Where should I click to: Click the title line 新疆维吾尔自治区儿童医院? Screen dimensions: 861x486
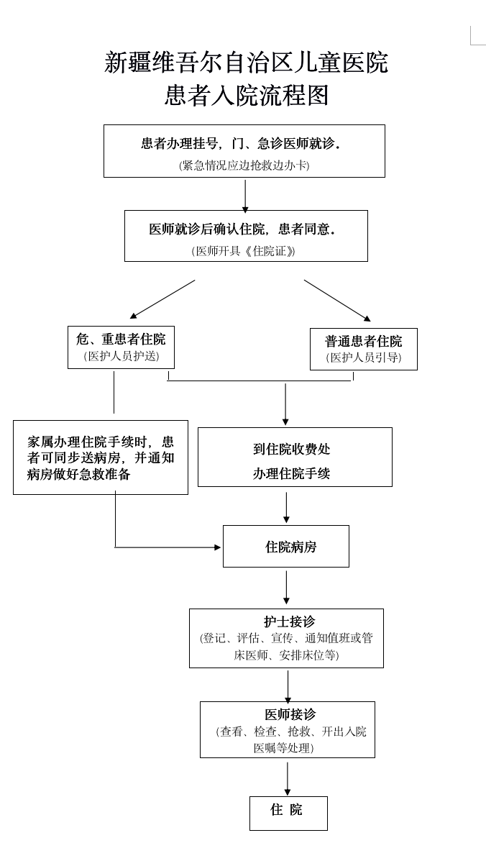click(246, 63)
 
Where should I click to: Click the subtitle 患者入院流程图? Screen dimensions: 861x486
click(246, 95)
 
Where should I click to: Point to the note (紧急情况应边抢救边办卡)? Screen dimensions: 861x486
click(244, 165)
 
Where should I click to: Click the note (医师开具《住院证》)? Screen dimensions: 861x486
click(244, 251)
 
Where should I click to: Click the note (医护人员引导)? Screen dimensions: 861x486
click(363, 357)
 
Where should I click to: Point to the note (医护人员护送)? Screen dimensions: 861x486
click(121, 356)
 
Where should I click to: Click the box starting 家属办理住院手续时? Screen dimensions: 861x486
click(101, 457)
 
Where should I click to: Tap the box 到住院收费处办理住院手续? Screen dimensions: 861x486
click(295, 457)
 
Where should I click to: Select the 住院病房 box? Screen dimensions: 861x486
click(286, 547)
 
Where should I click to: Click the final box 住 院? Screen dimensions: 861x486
click(288, 813)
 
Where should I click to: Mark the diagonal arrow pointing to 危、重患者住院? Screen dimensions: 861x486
click(162, 299)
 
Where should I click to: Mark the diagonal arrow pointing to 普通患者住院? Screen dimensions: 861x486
click(337, 301)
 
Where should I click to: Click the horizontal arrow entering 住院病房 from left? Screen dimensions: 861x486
click(169, 547)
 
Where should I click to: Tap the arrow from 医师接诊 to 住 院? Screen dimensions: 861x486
click(288, 778)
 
